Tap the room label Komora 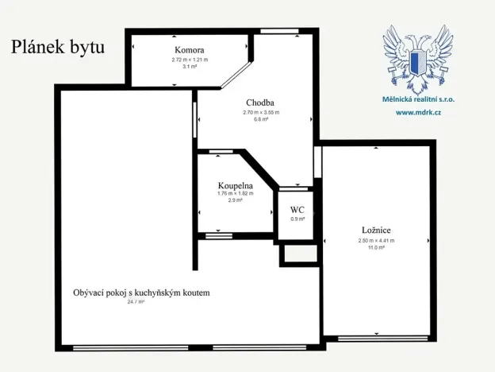[189, 49]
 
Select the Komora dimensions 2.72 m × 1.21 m [189, 60]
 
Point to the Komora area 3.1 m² [189, 67]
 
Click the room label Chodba [260, 103]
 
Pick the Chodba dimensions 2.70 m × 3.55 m [260, 113]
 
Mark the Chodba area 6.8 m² [260, 120]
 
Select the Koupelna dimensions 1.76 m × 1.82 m [235, 193]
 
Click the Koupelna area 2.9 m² [235, 200]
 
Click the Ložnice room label [377, 230]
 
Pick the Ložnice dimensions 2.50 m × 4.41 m [377, 240]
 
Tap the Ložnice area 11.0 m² [377, 247]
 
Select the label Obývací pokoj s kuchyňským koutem [141, 293]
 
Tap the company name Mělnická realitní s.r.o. [419, 100]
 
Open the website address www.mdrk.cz [418, 112]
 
